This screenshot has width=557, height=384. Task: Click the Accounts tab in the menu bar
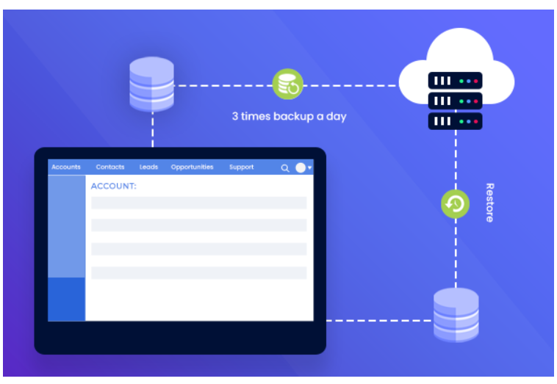(66, 167)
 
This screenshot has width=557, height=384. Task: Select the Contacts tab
(110, 167)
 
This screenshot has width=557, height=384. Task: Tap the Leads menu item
(148, 167)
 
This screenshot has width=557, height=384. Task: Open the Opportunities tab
(192, 167)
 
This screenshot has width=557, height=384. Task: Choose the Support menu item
(241, 167)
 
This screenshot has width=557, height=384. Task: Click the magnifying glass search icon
(285, 168)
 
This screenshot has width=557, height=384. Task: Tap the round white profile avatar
(301, 167)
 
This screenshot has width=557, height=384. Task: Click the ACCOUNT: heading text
(114, 186)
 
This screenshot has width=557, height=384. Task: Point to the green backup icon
(287, 84)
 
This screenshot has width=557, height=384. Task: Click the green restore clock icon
(455, 203)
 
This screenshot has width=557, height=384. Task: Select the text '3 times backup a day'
(289, 116)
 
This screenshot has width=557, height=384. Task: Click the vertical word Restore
(489, 203)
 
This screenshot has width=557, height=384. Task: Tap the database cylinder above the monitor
(151, 84)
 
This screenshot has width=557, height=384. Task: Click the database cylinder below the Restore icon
(456, 315)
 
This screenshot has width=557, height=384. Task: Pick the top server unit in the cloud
(455, 80)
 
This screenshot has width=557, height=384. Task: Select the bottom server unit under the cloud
(455, 120)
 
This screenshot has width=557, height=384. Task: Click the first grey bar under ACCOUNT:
(198, 203)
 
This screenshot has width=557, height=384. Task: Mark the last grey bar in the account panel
(198, 272)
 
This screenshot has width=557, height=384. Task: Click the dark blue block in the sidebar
(67, 299)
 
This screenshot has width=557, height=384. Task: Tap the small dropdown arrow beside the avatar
(309, 168)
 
